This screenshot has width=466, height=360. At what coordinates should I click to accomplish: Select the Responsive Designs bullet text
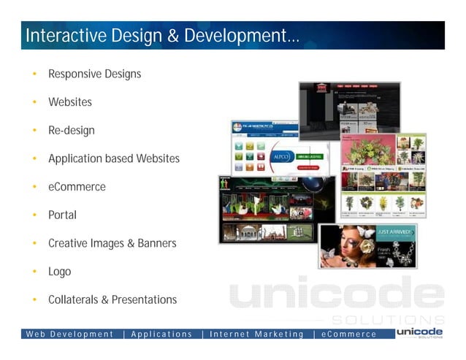click(94, 74)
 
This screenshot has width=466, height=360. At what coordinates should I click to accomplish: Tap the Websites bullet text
click(70, 102)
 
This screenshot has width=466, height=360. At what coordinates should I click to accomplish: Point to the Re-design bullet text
click(72, 131)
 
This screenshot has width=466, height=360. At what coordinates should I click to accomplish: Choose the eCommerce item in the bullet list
click(77, 187)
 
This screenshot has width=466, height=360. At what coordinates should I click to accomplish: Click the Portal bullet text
click(62, 215)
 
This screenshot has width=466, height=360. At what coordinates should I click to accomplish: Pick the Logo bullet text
click(60, 272)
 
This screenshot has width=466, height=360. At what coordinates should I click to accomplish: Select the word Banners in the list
click(156, 243)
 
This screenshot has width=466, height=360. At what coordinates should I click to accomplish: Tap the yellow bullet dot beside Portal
click(34, 215)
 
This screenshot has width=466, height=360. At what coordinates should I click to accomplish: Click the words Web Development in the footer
click(70, 334)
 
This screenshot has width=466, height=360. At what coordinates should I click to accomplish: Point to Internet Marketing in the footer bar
click(256, 334)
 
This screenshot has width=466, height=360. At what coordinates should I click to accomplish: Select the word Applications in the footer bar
click(161, 334)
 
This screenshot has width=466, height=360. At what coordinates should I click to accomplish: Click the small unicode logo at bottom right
click(419, 333)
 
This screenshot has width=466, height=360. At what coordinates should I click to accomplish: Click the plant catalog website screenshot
click(383, 175)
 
